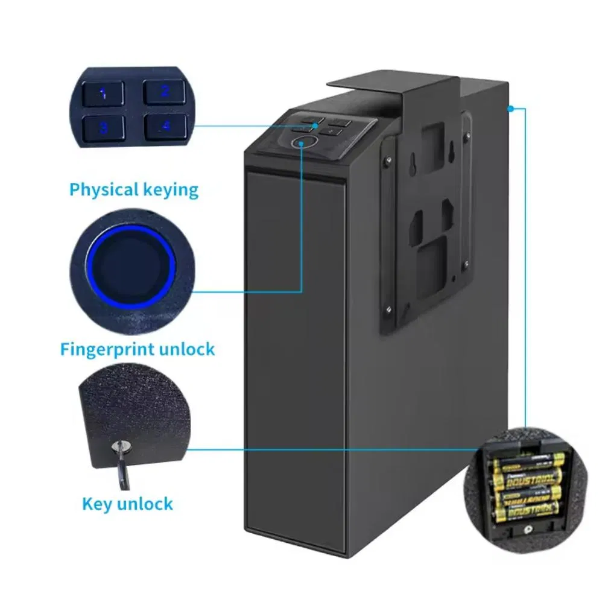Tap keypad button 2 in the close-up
point(164,92)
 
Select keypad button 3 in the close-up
point(104,127)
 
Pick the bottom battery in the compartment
point(527,512)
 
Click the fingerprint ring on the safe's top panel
point(301,143)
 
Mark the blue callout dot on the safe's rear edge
point(510,109)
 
